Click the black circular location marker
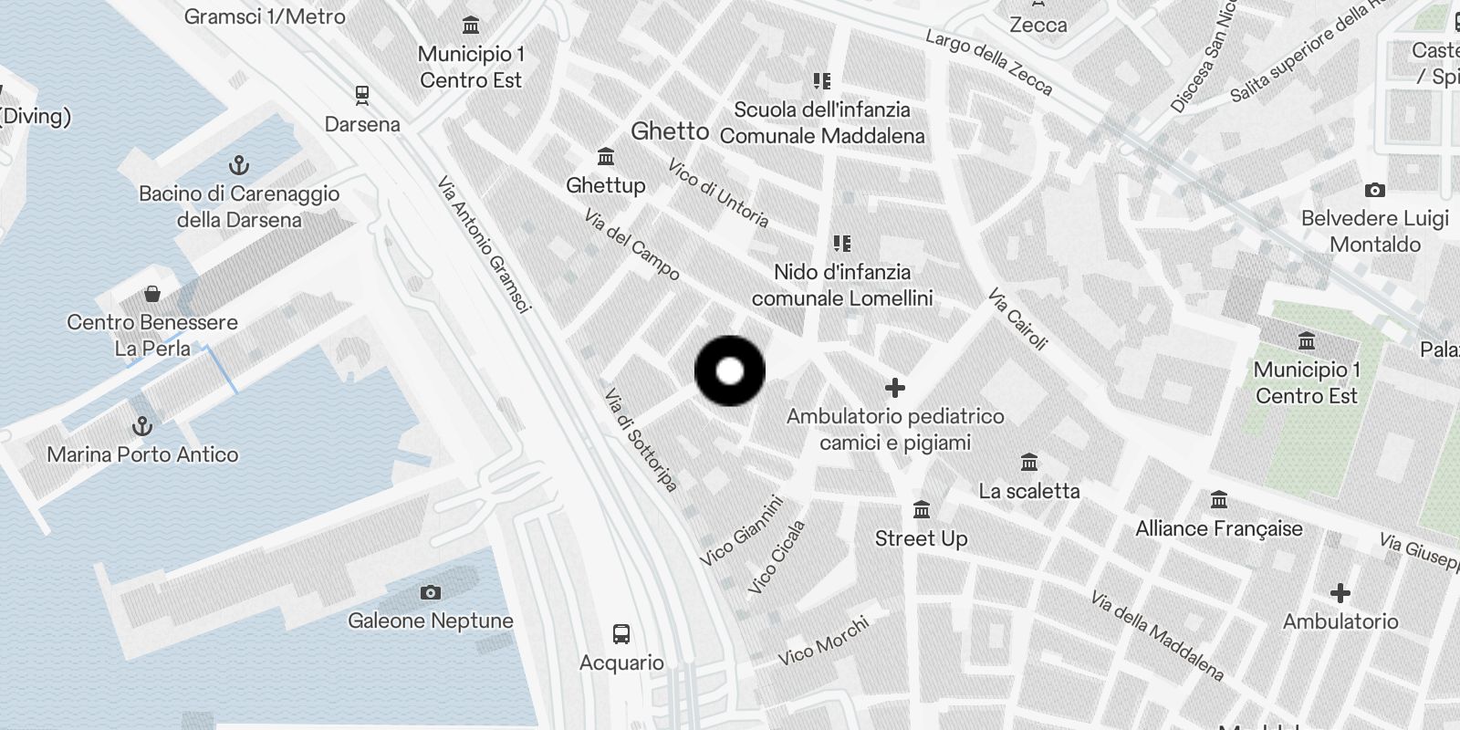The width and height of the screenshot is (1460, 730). point(730,370)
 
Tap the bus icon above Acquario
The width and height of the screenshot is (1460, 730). point(621,633)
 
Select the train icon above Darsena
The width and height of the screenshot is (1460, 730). point(362,95)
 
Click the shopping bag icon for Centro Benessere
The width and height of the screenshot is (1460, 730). point(152,294)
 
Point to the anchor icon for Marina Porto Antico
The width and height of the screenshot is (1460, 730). point(142,426)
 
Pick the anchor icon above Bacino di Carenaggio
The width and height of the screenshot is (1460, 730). point(238,165)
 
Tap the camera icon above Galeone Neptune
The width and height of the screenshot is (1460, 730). point(431,592)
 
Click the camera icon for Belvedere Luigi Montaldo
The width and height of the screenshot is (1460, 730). point(1374,191)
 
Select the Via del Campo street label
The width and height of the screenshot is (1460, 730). point(631,245)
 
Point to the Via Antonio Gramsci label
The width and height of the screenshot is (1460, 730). point(484,245)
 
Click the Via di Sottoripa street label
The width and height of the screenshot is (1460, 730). point(641,440)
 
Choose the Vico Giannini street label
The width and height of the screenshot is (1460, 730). point(742,530)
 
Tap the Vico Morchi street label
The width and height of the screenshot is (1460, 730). point(823,641)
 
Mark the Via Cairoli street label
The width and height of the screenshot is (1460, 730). point(1017,319)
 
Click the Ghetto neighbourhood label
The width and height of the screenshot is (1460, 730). point(670,131)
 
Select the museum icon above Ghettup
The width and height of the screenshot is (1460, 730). point(605,157)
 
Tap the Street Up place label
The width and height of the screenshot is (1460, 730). point(921,538)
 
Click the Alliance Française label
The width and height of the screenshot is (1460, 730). point(1218,528)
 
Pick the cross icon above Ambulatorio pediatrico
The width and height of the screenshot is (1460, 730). point(895,388)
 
